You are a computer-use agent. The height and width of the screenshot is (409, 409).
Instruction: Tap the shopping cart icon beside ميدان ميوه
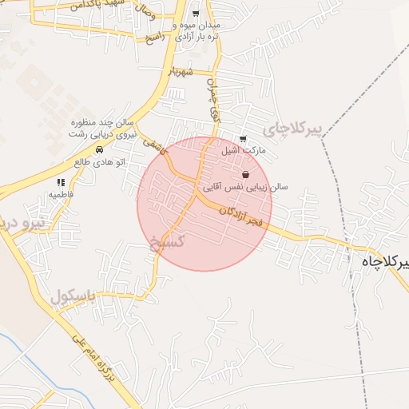coord(196,14)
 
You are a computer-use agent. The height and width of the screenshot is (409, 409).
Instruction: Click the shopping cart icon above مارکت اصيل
coord(243,138)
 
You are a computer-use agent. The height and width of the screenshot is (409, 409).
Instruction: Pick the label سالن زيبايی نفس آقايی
coord(245,187)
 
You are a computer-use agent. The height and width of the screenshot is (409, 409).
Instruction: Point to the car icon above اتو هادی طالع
coord(98,149)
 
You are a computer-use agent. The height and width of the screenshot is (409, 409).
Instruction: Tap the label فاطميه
coord(61,194)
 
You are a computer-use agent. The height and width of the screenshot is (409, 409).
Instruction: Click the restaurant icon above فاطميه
coord(61,182)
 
